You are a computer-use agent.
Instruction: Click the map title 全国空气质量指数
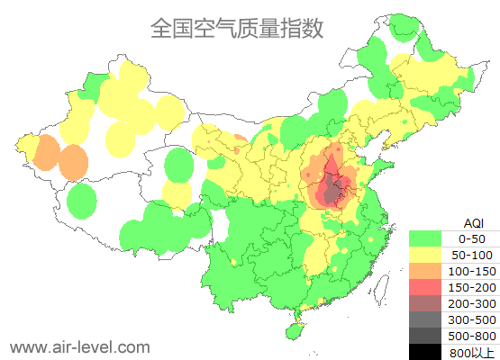click(x=237, y=28)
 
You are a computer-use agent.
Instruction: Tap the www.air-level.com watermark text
click(x=79, y=346)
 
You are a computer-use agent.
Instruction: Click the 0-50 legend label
click(x=472, y=238)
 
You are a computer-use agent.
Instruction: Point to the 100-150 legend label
click(x=472, y=271)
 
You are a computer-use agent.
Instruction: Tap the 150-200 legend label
click(x=472, y=287)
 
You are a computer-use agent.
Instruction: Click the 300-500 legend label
click(x=472, y=319)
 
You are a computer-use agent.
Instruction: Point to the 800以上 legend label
click(x=472, y=352)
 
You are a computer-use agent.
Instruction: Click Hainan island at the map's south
click(x=294, y=330)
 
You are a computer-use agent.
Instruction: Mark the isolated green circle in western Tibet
click(x=82, y=200)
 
